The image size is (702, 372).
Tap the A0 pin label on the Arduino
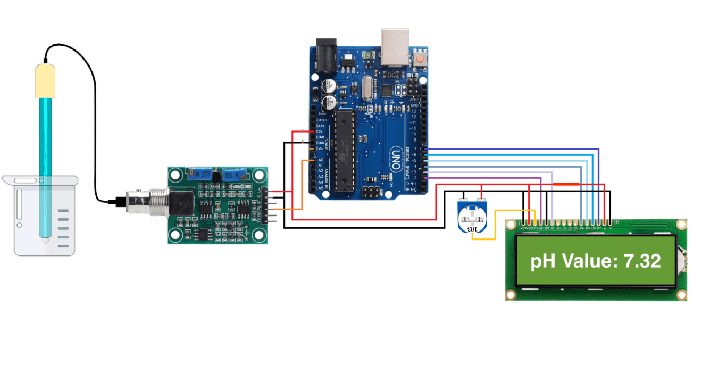coord(320,160)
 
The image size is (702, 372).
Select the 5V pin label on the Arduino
coord(321,131)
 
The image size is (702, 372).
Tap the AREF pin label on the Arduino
coord(415,100)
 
